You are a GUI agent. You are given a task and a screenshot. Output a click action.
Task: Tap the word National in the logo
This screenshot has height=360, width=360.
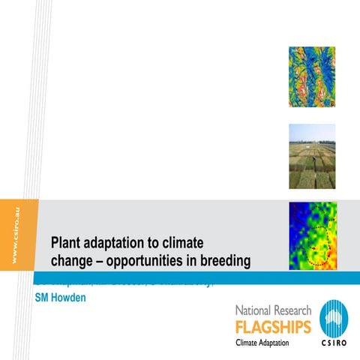[257, 310]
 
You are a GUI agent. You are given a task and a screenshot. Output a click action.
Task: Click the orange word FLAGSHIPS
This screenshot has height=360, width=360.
[271, 326]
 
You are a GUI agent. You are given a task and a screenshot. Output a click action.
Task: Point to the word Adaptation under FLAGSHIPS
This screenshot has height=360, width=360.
[284, 343]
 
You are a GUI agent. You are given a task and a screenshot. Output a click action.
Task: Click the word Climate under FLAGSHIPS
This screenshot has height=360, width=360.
[250, 343]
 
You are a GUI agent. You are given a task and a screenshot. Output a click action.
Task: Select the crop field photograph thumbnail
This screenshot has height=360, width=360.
[310, 156]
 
